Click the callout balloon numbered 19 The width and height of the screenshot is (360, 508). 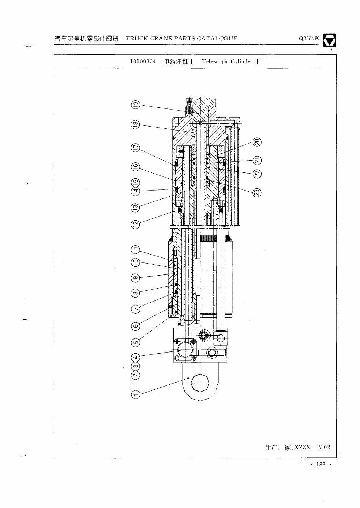tap(136, 105)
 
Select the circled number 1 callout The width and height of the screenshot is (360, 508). tap(136, 394)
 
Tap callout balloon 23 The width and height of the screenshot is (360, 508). tap(257, 193)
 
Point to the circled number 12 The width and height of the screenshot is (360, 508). tap(136, 224)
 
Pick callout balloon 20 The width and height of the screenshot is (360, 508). tap(257, 142)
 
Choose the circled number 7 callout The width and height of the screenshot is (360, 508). tap(136, 309)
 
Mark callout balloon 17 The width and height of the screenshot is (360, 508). tap(136, 148)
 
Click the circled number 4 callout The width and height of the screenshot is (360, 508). tap(136, 358)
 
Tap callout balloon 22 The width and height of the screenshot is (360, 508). tap(257, 174)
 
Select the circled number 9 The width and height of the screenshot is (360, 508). tap(136, 278)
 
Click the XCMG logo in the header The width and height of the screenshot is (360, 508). tap(330, 40)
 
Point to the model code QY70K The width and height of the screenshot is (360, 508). tap(309, 39)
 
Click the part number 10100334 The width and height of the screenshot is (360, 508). tap(143, 61)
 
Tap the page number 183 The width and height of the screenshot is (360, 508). tap(321, 465)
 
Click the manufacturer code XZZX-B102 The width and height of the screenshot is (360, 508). tap(312, 447)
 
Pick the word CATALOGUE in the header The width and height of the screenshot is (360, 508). tap(217, 39)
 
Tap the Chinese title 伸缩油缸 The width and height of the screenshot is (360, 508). tap(175, 61)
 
